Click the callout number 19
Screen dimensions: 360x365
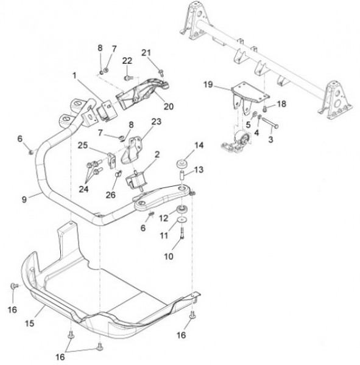pos(208,85)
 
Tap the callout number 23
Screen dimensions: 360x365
pos(156,122)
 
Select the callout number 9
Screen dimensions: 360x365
pos(24,200)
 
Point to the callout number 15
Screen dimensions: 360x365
pos(30,324)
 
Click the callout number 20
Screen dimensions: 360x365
pos(169,106)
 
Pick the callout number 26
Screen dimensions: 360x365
pos(110,195)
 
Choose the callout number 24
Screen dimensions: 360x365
pos(83,189)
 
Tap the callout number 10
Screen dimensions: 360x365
pos(169,257)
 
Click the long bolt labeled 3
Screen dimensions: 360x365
pos(270,123)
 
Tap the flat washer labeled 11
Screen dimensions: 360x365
pos(182,220)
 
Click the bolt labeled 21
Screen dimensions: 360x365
pos(161,72)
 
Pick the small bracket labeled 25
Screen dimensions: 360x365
pos(111,160)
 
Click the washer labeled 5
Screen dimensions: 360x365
pos(255,114)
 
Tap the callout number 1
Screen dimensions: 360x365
pos(74,75)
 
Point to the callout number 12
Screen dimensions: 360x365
pos(163,218)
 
